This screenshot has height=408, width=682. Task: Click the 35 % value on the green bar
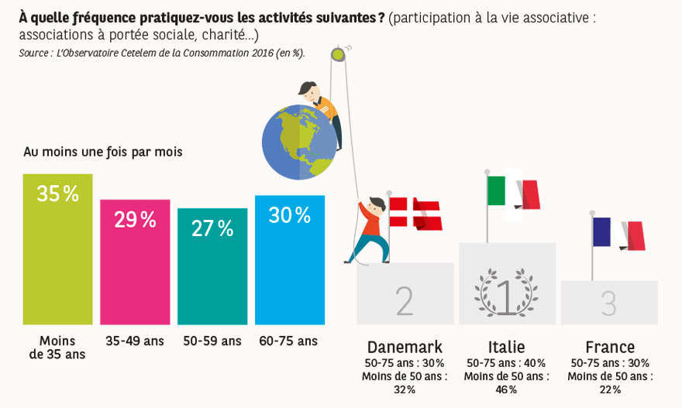click(58, 194)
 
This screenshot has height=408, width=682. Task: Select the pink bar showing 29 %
click(135, 263)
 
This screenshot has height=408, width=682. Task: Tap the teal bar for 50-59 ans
click(212, 267)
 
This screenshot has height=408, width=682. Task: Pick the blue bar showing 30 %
click(290, 260)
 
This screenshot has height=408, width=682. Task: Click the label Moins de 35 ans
click(57, 348)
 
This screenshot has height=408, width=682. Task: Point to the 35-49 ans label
click(135, 341)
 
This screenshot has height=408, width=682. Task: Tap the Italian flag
click(513, 192)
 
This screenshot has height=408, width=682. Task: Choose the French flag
click(618, 233)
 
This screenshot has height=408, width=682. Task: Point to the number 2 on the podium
click(405, 302)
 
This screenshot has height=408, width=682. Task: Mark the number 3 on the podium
click(609, 303)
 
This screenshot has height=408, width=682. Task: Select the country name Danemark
click(405, 347)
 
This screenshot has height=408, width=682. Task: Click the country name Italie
click(507, 347)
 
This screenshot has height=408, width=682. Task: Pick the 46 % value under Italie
click(507, 389)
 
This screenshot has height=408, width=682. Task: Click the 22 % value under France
click(610, 389)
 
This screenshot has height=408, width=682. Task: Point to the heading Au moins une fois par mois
click(103, 152)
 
